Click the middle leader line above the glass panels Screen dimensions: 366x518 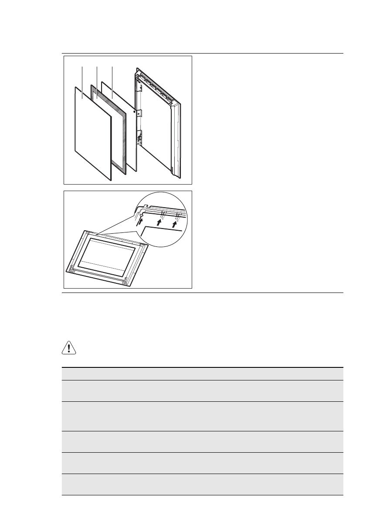click(x=97, y=75)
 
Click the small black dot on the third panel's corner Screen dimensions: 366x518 click(x=134, y=112)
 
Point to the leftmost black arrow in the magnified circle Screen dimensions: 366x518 click(x=139, y=222)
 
